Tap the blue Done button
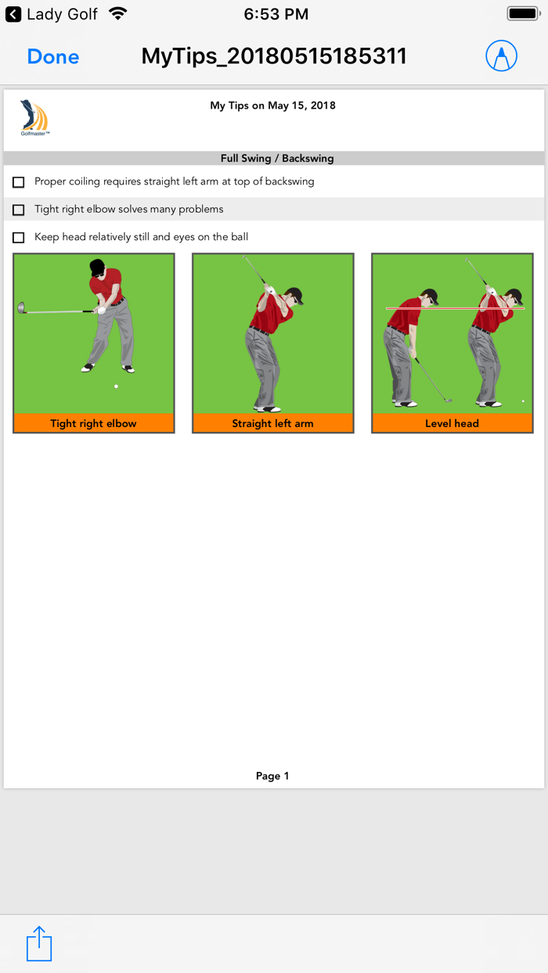pos(53,56)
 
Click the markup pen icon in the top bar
pos(501,56)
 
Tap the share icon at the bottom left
pos(39,943)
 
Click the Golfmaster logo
pos(34,118)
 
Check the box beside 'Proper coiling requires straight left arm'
pos(19,182)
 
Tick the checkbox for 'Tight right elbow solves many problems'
pos(19,210)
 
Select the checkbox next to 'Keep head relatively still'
pos(19,238)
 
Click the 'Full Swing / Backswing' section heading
pos(276,158)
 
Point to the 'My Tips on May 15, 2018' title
pos(272,106)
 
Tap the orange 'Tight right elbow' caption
pos(93,423)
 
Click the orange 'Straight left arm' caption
pos(272,423)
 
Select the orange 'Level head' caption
pos(452,423)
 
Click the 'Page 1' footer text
pos(272,776)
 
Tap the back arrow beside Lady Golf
pos(13,14)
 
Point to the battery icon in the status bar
pos(523,14)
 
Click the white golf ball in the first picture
pos(116,386)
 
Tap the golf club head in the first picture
pos(21,308)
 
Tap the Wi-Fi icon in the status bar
pos(117,14)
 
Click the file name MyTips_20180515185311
pos(274,56)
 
